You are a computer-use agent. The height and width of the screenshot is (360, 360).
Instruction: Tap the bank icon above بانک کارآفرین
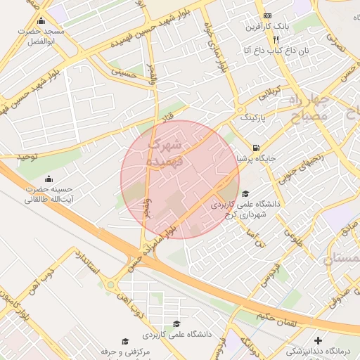pos(266,16)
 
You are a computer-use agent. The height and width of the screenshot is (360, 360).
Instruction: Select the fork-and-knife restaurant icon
pos(266,39)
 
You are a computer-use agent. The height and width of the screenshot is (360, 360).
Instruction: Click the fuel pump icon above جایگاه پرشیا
pos(255,148)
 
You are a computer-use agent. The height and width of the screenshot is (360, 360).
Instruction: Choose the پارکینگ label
pos(254,117)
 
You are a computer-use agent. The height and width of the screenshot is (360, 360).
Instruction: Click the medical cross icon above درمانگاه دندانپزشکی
pos(317,340)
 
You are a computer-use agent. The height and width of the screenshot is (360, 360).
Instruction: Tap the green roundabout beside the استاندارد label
pos(111,285)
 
